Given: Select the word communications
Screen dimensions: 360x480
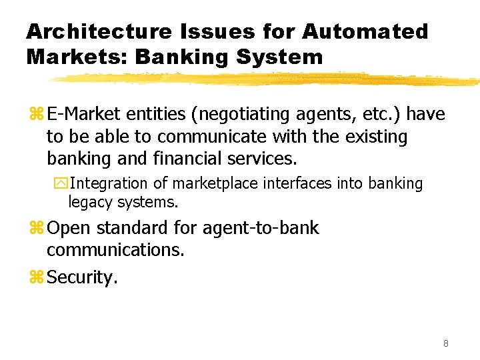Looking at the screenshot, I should [x=115, y=251].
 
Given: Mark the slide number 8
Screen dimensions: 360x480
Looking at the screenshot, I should [x=445, y=344].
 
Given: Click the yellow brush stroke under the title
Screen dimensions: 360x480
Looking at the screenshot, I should [x=267, y=79].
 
